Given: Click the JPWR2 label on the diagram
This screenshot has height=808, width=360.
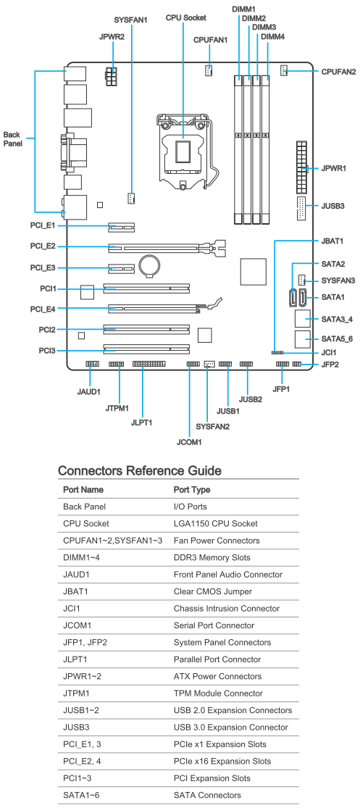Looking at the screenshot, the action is (112, 37).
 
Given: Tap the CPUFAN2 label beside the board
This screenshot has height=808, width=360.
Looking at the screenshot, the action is (338, 72).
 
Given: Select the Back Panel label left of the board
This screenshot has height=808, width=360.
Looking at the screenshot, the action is (12, 139).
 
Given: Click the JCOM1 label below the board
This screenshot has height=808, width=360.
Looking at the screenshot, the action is (189, 442).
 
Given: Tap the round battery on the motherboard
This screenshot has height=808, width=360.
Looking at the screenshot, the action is (151, 265).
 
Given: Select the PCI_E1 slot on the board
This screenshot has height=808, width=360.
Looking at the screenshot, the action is (121, 225).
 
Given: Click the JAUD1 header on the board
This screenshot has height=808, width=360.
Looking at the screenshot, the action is (92, 365).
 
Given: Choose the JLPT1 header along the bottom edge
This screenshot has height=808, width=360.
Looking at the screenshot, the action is (148, 365).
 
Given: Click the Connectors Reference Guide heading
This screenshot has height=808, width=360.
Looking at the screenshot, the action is (140, 470).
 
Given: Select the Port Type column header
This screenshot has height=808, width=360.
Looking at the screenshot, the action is (191, 490).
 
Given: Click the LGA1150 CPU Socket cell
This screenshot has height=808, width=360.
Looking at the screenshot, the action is (215, 523).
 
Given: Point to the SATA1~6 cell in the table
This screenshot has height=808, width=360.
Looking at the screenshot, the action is (81, 795).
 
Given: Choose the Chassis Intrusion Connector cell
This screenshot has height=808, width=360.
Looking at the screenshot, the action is (227, 609).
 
